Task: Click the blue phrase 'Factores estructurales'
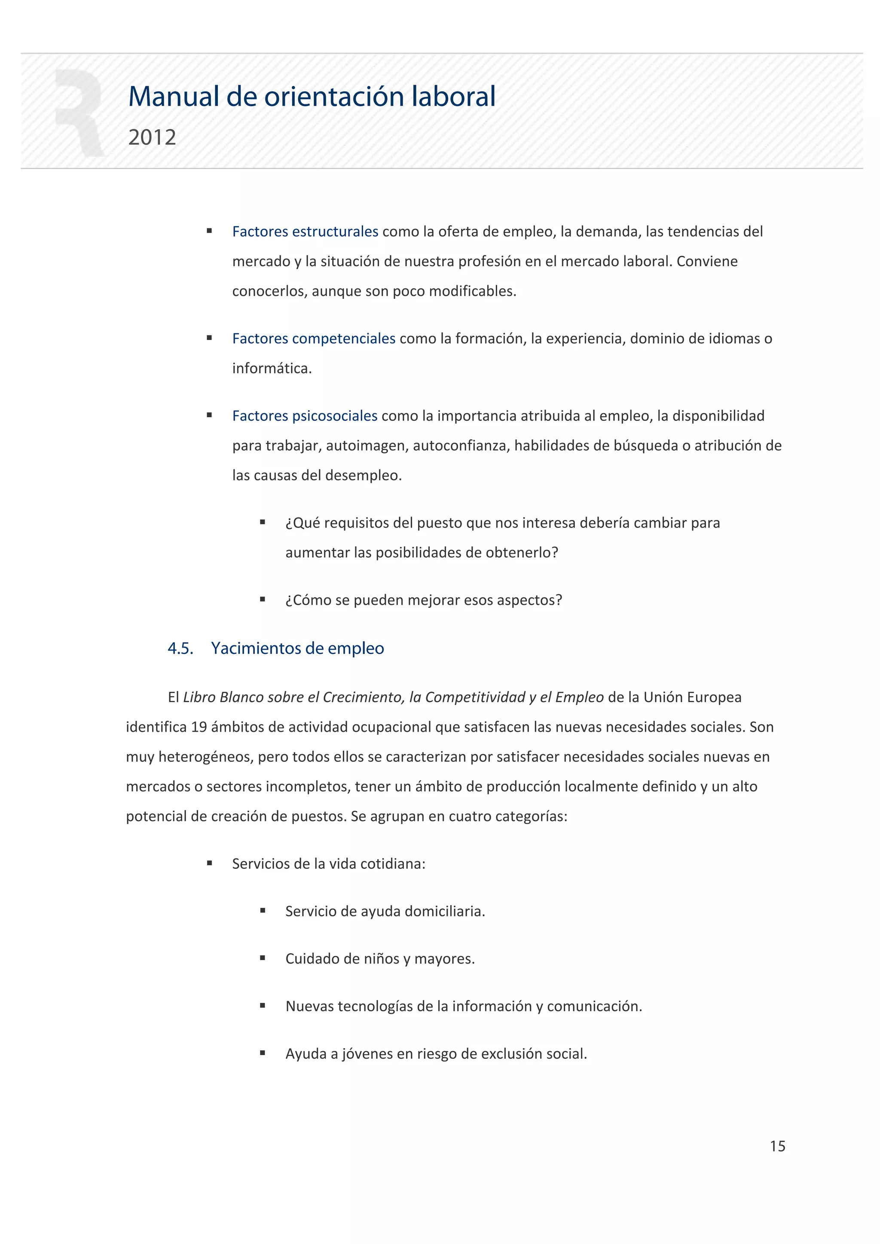coord(305,232)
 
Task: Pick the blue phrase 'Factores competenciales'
coord(313,339)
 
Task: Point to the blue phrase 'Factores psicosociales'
coord(304,416)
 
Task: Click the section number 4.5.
coord(180,648)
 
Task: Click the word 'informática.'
coord(272,368)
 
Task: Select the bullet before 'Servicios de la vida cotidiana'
coord(209,864)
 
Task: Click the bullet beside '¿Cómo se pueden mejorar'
coord(263,600)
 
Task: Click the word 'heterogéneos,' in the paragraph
coord(205,757)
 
